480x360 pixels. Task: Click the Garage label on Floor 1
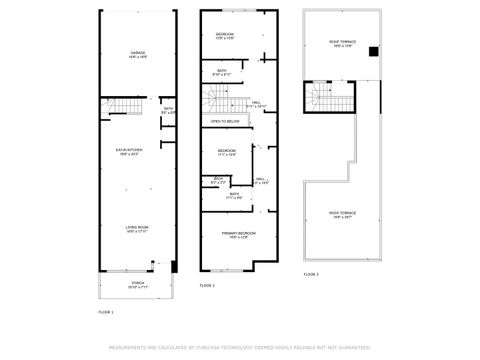click(137, 54)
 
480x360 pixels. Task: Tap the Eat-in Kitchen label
click(137, 152)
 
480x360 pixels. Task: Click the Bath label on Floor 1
click(168, 110)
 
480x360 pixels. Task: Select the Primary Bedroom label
click(237, 235)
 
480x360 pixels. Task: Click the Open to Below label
click(225, 121)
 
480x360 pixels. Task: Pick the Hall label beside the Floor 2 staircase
click(257, 103)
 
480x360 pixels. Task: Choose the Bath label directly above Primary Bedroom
click(234, 196)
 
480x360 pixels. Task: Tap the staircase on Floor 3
click(323, 98)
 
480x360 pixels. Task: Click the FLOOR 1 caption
click(105, 313)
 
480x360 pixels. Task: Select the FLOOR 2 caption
click(207, 285)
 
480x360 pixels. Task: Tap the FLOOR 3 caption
click(311, 273)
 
